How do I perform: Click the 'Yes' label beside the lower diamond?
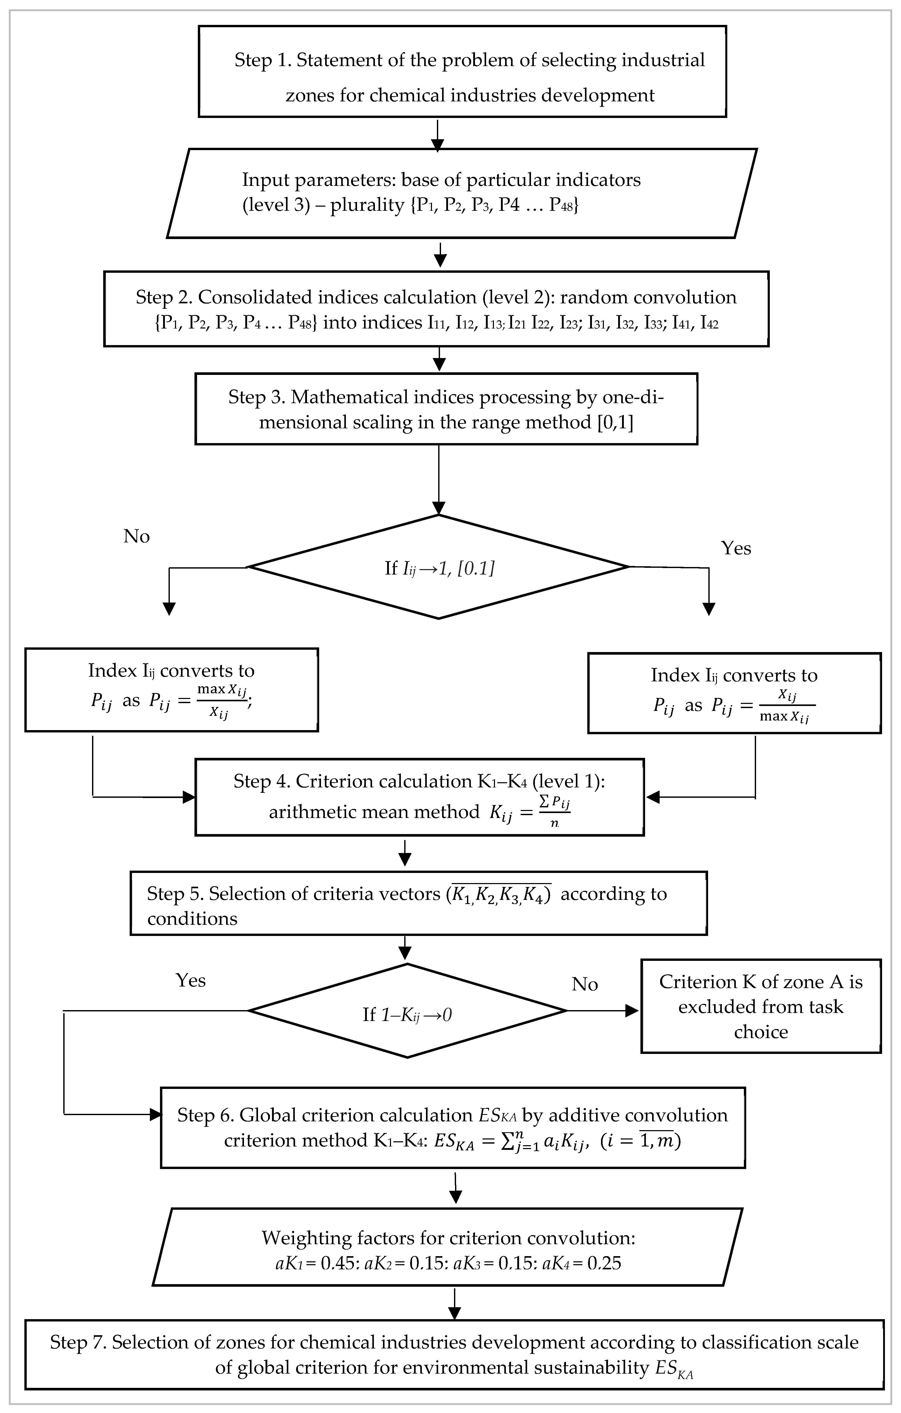pyautogui.click(x=191, y=981)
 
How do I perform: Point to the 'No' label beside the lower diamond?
pyautogui.click(x=585, y=984)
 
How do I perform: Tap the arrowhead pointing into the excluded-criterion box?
pyautogui.click(x=632, y=1010)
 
